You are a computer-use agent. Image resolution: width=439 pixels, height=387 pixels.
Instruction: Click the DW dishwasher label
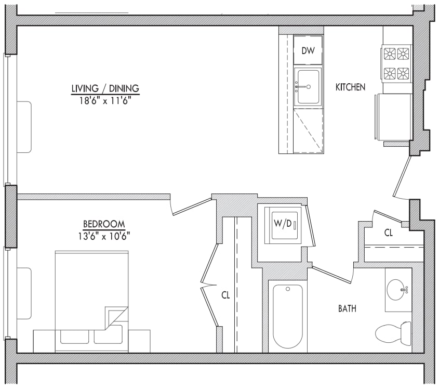[308, 51]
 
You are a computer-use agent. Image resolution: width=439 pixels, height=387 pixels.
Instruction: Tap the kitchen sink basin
[308, 87]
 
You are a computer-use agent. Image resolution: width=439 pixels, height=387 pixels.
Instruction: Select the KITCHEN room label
[350, 87]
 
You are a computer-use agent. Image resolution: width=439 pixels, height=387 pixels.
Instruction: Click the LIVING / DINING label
[105, 88]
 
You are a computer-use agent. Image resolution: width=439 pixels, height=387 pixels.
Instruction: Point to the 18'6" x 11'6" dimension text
[105, 100]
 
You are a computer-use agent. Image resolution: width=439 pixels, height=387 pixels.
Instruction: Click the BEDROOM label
[104, 224]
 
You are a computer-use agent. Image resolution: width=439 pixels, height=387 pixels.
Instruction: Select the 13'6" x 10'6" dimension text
[104, 236]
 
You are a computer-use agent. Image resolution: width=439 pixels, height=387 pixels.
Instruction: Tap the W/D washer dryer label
[283, 223]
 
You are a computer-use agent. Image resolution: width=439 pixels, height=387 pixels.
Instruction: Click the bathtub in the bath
[288, 316]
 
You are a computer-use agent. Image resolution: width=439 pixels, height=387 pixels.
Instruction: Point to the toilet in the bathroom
[393, 331]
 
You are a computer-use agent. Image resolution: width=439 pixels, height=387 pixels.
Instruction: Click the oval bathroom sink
[397, 290]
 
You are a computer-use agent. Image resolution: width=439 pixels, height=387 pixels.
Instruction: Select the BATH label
[347, 308]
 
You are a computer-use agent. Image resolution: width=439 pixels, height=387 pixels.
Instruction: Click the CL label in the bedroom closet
[225, 295]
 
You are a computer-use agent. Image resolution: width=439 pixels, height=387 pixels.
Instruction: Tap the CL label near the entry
[388, 233]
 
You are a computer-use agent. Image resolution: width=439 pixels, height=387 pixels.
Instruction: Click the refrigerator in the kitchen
[393, 117]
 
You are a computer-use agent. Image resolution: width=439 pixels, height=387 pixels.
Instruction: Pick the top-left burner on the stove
[390, 54]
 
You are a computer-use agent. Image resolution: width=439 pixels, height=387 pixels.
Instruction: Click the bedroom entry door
[192, 207]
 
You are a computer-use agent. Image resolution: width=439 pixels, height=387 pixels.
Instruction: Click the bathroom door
[332, 275]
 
